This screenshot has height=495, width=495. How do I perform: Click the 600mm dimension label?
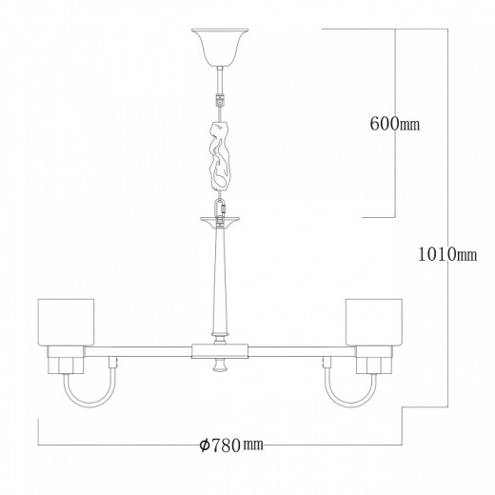[x=393, y=123]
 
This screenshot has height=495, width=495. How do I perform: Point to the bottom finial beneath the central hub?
[x=219, y=367]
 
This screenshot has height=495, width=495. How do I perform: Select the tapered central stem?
[x=219, y=281]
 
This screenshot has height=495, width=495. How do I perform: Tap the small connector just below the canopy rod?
[x=219, y=98]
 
